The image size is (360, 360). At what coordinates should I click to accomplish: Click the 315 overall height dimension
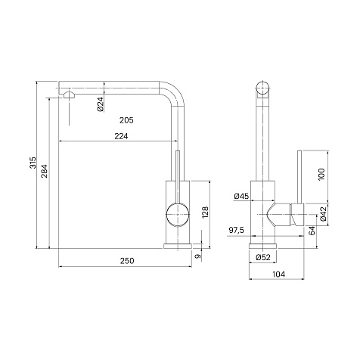(33, 163)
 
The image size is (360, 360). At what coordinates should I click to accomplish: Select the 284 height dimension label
(45, 171)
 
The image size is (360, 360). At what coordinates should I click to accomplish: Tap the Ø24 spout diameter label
(101, 104)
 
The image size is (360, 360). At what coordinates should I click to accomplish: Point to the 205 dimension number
(126, 120)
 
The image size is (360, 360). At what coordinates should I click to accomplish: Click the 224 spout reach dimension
(121, 136)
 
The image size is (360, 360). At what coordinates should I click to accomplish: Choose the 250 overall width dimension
(127, 261)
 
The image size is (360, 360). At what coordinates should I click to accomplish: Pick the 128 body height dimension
(205, 213)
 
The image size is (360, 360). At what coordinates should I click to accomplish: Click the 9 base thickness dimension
(198, 256)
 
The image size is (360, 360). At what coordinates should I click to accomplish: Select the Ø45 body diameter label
(241, 196)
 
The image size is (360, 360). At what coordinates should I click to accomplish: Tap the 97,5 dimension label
(237, 230)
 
